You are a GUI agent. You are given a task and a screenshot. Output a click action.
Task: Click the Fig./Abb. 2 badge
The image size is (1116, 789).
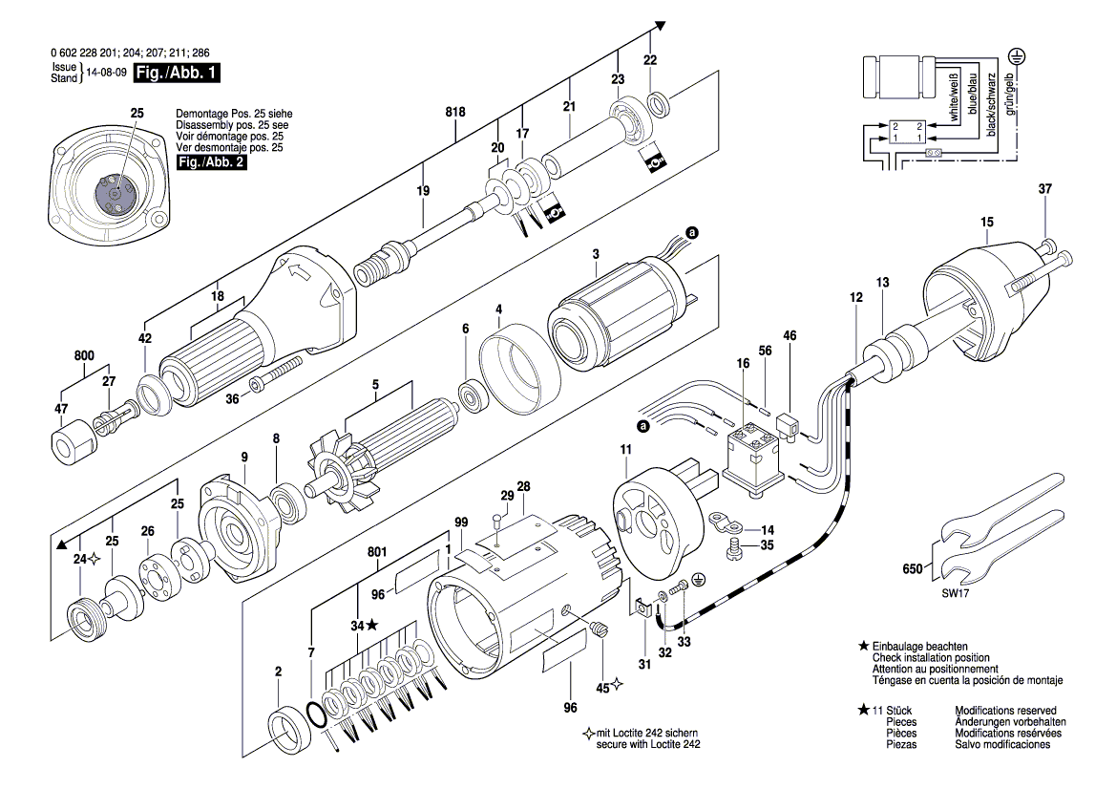coord(205,163)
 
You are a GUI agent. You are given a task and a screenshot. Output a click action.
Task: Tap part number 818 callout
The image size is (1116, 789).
coord(455,113)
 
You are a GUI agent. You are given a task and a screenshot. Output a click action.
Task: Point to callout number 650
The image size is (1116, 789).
coord(913,569)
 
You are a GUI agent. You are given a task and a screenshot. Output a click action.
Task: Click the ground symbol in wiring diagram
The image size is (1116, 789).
coord(1018,58)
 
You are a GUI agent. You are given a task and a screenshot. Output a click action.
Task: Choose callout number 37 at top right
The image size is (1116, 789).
coord(1044,189)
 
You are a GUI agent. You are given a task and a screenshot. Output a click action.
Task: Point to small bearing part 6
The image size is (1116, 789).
coord(470,394)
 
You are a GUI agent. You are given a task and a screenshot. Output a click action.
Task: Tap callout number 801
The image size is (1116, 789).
coord(377,551)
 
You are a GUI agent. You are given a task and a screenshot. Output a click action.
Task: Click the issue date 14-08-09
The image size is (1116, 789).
coord(106,73)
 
